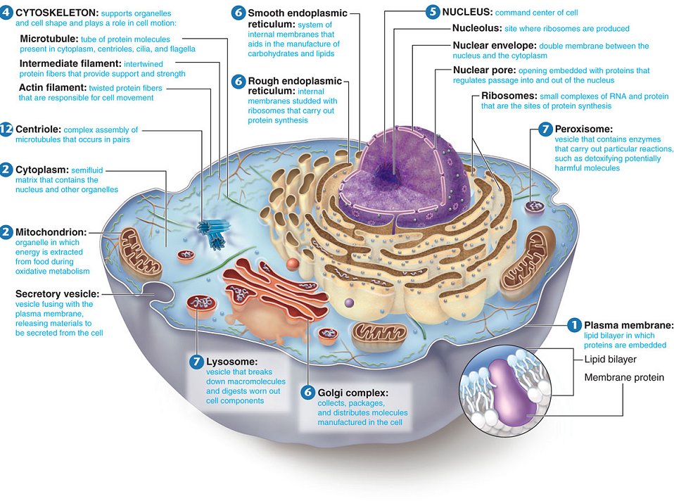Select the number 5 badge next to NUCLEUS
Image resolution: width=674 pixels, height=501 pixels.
tap(433, 12)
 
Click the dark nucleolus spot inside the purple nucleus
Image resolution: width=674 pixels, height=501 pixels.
tap(386, 172)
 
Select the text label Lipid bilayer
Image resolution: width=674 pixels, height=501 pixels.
tap(610, 359)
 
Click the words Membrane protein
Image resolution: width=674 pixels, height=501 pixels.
tap(624, 377)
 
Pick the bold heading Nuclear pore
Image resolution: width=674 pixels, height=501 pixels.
tap(484, 70)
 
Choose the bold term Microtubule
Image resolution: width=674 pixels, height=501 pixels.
tap(49, 38)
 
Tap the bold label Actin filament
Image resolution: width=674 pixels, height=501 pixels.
tap(52, 88)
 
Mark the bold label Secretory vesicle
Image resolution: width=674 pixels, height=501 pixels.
tap(57, 293)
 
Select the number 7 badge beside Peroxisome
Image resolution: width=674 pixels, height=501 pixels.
tap(545, 129)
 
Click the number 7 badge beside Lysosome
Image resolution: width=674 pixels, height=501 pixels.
tap(196, 361)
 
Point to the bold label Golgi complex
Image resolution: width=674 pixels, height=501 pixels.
tap(353, 392)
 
